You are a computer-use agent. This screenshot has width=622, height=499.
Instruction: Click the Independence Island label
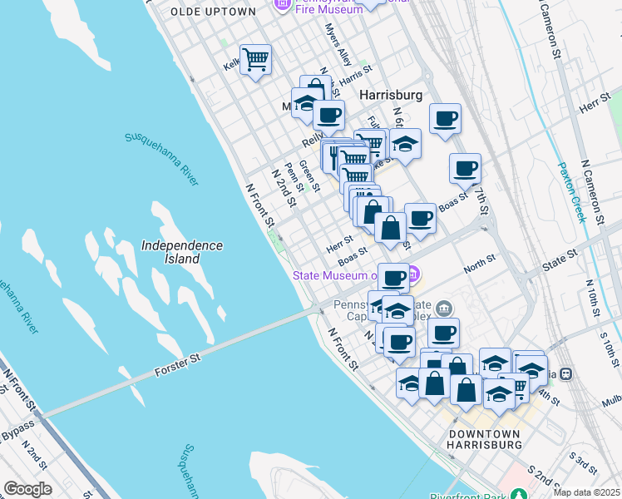pyautogui.click(x=181, y=252)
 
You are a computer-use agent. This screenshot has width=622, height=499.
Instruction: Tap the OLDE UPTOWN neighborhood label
pyautogui.click(x=213, y=12)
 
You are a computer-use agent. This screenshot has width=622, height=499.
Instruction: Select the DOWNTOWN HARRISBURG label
pyautogui.click(x=484, y=440)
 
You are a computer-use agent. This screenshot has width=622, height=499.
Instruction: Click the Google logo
pyautogui.click(x=27, y=489)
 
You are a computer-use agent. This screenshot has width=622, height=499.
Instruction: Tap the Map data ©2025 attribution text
pyautogui.click(x=586, y=492)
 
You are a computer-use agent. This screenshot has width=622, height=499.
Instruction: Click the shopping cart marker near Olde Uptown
pyautogui.click(x=256, y=60)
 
